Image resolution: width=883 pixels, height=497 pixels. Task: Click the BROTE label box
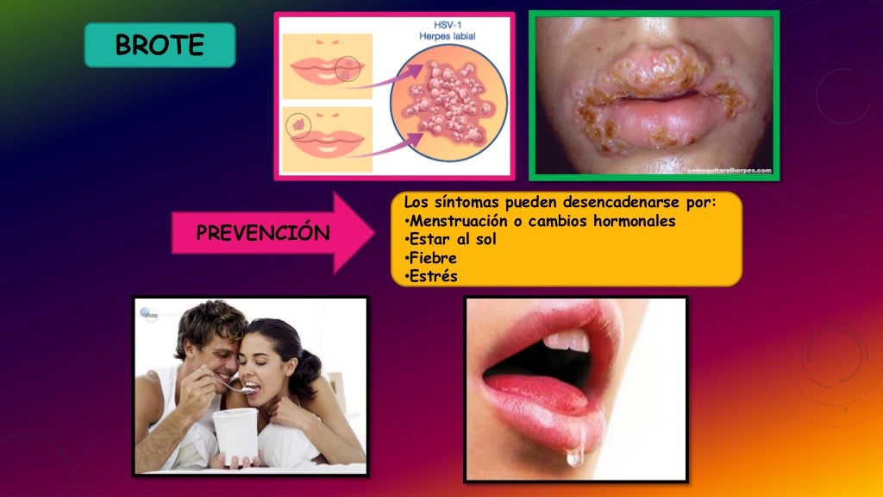click(x=160, y=45)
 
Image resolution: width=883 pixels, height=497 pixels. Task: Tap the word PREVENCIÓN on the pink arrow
click(x=263, y=233)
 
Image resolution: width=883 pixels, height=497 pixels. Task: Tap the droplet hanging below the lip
click(x=574, y=456)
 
